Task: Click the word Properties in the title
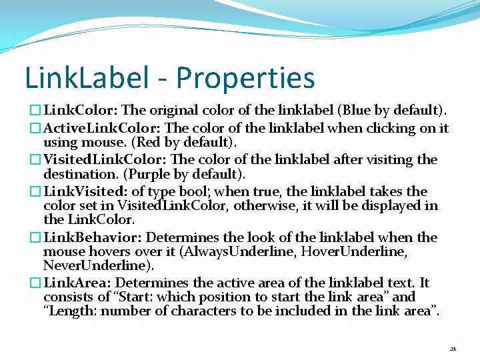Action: tap(245, 78)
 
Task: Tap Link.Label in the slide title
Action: tap(87, 78)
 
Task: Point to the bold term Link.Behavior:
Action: tap(93, 237)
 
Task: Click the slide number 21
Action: tap(453, 349)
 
